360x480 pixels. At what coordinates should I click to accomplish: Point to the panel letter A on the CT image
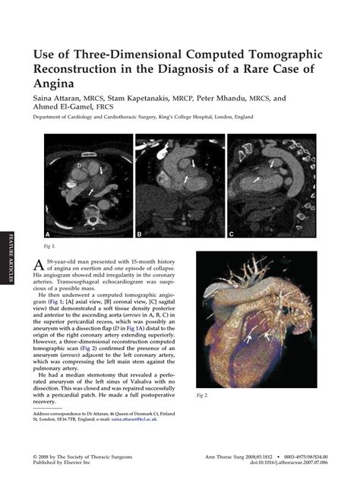click(49, 234)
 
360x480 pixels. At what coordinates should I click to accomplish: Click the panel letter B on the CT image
click(141, 234)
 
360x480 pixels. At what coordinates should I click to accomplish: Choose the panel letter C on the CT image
click(232, 234)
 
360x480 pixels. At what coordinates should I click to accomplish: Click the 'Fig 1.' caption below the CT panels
click(49, 247)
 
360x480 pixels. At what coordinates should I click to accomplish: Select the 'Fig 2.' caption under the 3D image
click(201, 395)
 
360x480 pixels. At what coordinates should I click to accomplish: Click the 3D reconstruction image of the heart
click(255, 319)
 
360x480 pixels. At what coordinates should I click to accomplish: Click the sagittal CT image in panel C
click(272, 186)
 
